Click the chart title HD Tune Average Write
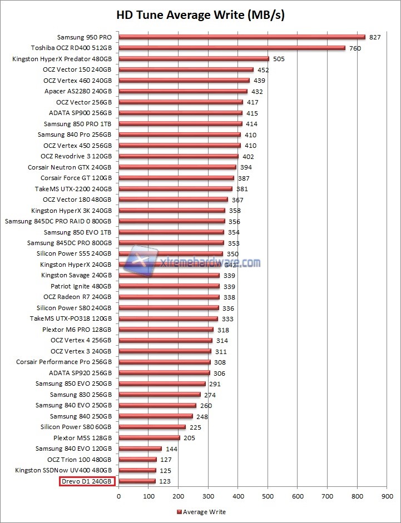point(200,15)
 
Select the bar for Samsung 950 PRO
point(242,37)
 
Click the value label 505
point(279,59)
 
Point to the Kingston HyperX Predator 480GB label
point(62,59)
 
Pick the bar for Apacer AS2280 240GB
point(183,91)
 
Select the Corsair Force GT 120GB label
point(76,178)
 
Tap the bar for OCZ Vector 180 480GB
point(174,200)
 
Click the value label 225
point(195,427)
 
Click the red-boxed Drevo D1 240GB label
point(86,481)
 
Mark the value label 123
point(165,481)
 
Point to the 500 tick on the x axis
point(268,496)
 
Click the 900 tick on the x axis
point(387,496)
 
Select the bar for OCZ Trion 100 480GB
point(137,460)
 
